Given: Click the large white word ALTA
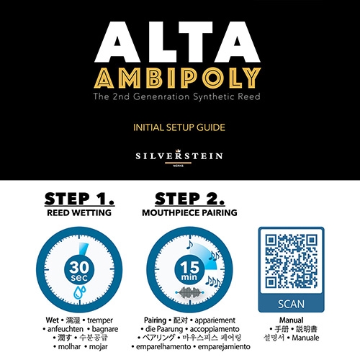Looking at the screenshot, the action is point(177,42).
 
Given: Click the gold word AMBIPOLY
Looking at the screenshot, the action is point(177,78).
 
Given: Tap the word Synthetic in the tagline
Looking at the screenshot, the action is point(214,96).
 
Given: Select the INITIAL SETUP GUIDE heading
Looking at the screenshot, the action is point(179,127).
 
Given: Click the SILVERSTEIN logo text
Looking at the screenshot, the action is point(179,156).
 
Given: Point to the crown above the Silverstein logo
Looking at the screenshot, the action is point(178,151).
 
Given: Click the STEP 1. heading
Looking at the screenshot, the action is point(79,199).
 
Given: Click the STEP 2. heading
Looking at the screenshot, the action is point(190,199).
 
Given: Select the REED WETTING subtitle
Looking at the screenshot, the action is point(79,213).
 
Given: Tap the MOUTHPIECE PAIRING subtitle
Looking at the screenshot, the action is point(189,213).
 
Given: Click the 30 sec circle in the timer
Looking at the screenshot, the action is point(79,269).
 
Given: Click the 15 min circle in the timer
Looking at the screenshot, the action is point(189,269).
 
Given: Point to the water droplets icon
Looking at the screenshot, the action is point(79,292).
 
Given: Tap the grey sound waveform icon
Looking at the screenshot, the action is point(189,292).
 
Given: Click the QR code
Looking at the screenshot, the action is point(291,261).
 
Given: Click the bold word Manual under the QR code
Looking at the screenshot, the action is point(291,320).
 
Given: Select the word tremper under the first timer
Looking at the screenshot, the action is point(100,320).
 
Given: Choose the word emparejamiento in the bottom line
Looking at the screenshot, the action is point(224,347).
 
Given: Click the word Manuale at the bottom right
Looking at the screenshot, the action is point(305,338).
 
